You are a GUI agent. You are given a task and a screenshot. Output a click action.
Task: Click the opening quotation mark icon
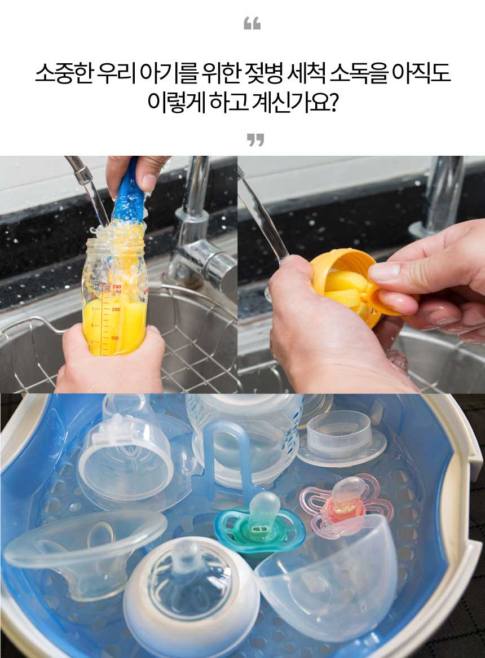[252, 24]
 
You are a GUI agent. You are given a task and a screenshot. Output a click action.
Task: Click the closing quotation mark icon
[255, 140]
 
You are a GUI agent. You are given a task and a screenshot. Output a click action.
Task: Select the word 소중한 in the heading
[63, 73]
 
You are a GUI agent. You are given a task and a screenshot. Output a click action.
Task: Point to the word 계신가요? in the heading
[295, 103]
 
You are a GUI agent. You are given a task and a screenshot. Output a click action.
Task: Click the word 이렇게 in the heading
[176, 103]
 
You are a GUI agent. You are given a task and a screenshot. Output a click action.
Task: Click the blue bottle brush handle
[129, 189]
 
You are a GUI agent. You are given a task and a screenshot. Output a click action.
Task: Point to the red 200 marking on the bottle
[116, 309]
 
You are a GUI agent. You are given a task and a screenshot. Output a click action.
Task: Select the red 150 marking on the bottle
[114, 338]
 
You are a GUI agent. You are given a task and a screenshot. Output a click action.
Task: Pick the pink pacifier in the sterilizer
[346, 503]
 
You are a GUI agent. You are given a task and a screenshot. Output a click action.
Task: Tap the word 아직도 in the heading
[421, 73]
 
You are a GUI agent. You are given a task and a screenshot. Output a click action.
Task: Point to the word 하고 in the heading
[228, 103]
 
